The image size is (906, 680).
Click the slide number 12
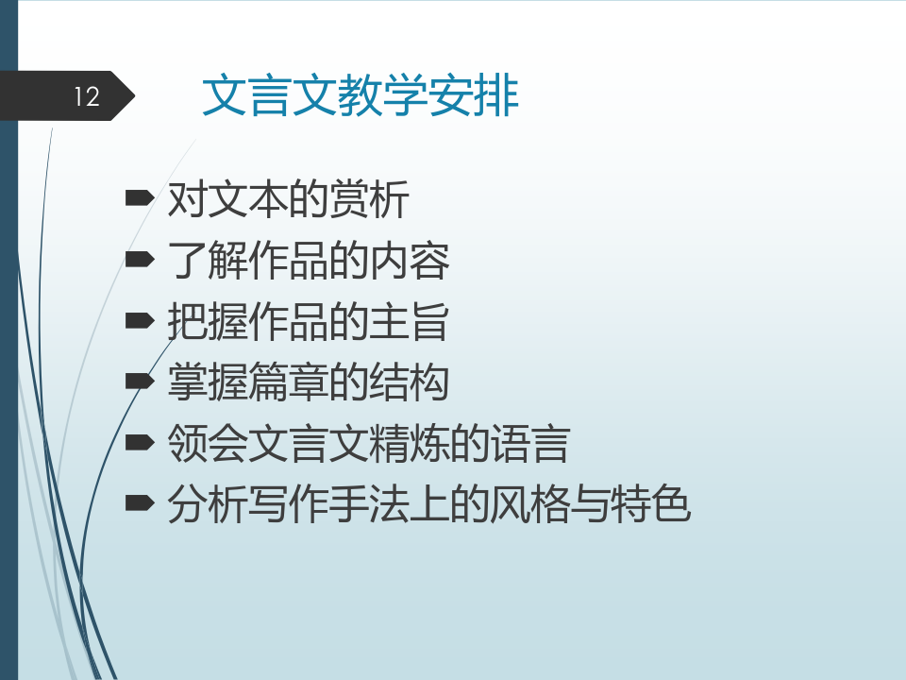click(87, 96)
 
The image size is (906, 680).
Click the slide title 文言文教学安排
click(361, 95)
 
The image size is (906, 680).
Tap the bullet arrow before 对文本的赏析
click(140, 198)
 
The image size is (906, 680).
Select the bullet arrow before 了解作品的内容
click(140, 259)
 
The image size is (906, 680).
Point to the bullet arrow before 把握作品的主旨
click(140, 320)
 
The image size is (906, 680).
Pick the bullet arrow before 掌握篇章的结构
click(140, 381)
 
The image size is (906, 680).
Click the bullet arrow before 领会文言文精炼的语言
click(140, 442)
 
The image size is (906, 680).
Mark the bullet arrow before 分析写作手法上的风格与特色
click(140, 503)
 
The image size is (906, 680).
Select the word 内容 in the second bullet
click(409, 261)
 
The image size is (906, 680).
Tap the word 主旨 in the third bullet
click(409, 321)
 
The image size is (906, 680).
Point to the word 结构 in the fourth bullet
click(409, 382)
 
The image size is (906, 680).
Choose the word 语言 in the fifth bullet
click(530, 444)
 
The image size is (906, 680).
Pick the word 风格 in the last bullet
click(529, 504)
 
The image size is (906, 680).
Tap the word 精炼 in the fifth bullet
click(410, 444)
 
